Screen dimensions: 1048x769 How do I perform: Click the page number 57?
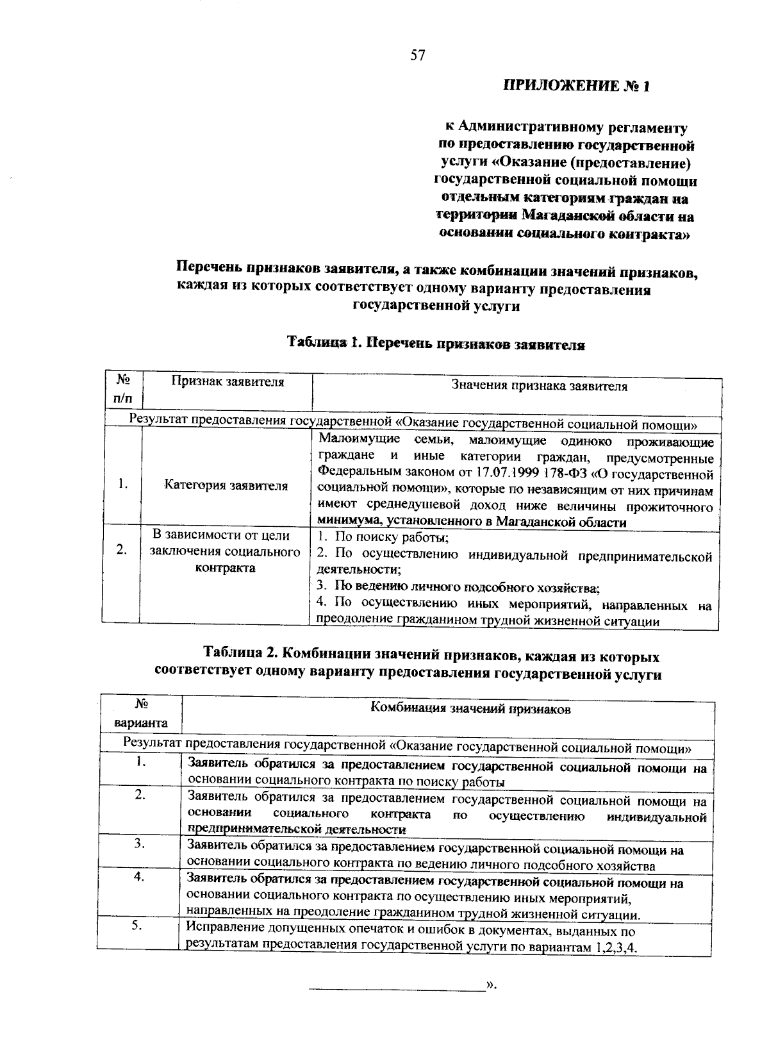(417, 56)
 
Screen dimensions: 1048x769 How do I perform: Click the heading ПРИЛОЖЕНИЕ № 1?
(577, 85)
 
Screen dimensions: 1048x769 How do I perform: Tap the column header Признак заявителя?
(227, 382)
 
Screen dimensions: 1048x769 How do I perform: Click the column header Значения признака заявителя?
(539, 386)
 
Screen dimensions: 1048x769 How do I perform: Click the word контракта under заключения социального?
(225, 568)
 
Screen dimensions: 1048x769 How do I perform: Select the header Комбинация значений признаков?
(471, 709)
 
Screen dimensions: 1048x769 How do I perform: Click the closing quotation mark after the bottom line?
(492, 984)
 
